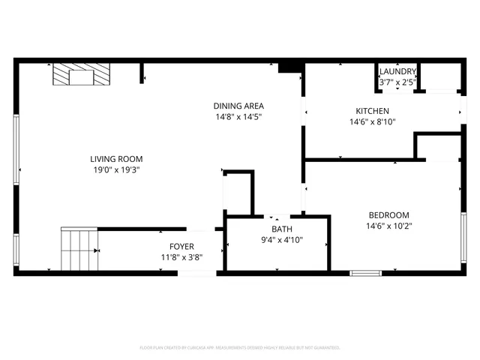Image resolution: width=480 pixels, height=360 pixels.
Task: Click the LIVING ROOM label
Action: (x=116, y=159)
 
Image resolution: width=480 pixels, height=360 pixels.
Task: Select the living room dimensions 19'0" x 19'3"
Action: (x=116, y=170)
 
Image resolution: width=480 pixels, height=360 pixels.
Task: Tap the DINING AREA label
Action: (x=238, y=106)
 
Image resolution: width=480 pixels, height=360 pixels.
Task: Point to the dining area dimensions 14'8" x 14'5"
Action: (x=238, y=117)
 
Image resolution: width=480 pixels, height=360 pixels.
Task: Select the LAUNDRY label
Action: (x=397, y=71)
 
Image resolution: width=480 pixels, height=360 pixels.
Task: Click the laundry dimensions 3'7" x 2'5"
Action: (x=397, y=82)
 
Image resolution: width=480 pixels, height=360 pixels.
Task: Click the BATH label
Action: (x=282, y=229)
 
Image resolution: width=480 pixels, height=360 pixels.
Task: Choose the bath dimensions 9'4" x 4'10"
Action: (x=282, y=241)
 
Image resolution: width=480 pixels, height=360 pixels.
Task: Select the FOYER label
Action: (x=181, y=246)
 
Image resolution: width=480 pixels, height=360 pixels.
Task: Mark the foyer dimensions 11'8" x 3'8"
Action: (x=181, y=257)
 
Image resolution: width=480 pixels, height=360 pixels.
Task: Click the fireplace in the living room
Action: (x=80, y=75)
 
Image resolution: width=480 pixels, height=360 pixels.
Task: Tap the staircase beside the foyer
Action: (x=78, y=250)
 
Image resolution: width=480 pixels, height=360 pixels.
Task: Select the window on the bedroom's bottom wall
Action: (x=366, y=273)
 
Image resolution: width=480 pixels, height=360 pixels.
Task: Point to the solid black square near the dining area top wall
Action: (x=288, y=68)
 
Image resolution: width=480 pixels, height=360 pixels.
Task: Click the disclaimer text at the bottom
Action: (x=240, y=348)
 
